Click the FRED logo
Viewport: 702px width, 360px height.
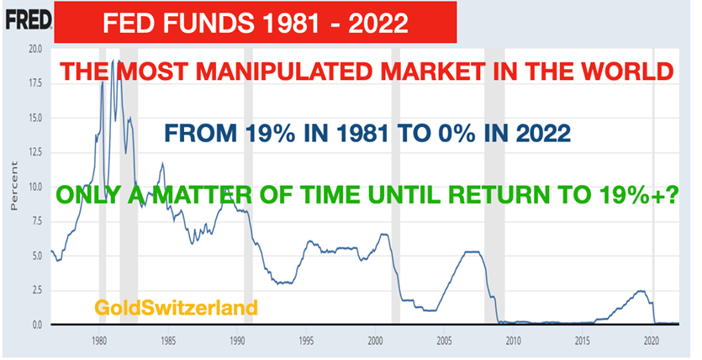[x=29, y=20]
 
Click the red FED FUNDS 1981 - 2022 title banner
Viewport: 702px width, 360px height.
[x=256, y=22]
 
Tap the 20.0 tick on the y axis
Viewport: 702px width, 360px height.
[x=35, y=49]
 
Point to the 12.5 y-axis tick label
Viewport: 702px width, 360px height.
[x=35, y=153]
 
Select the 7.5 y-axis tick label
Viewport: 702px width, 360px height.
[x=37, y=222]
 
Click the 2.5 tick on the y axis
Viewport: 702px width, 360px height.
[x=37, y=290]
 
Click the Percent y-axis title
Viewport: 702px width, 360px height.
[x=14, y=186]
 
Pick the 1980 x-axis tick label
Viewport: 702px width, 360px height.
[x=98, y=341]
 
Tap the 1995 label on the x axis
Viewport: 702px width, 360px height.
[x=306, y=341]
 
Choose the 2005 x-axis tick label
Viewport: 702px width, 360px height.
[x=444, y=341]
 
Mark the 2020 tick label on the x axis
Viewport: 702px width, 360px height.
[x=652, y=341]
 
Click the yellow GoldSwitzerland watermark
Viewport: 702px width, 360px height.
[x=176, y=308]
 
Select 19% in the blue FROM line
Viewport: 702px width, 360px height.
[x=269, y=133]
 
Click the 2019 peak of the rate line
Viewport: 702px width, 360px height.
[x=641, y=291]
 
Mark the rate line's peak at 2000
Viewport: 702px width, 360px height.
[x=383, y=234]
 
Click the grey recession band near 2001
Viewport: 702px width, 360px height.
[x=395, y=185]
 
